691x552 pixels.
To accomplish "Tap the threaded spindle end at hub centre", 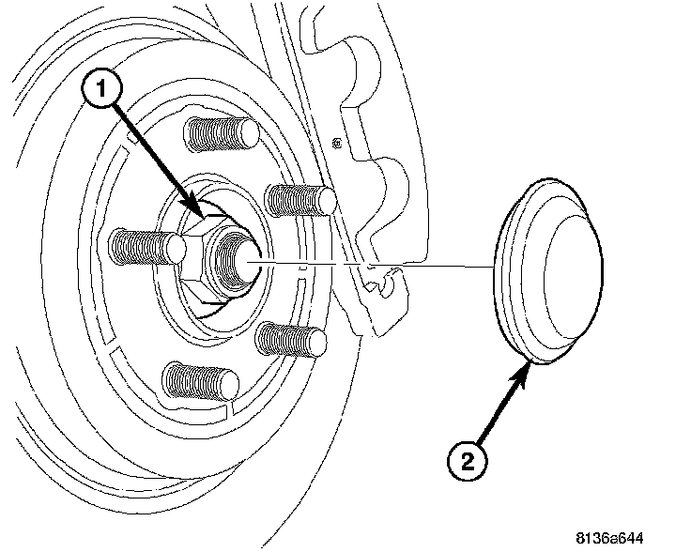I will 236,256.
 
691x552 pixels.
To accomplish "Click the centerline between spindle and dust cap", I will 376,264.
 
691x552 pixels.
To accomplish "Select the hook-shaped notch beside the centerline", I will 385,282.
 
